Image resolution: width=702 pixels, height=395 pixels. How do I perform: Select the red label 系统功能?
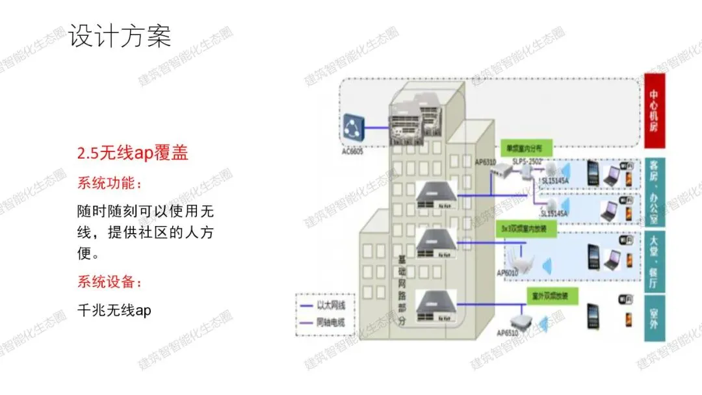(109, 183)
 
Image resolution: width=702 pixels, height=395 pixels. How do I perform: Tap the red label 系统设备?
(109, 282)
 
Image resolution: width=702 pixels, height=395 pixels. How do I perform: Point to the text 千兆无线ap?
(114, 311)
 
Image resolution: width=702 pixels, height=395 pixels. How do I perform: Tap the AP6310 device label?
(486, 161)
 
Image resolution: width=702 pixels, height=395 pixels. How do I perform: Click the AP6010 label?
(507, 274)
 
